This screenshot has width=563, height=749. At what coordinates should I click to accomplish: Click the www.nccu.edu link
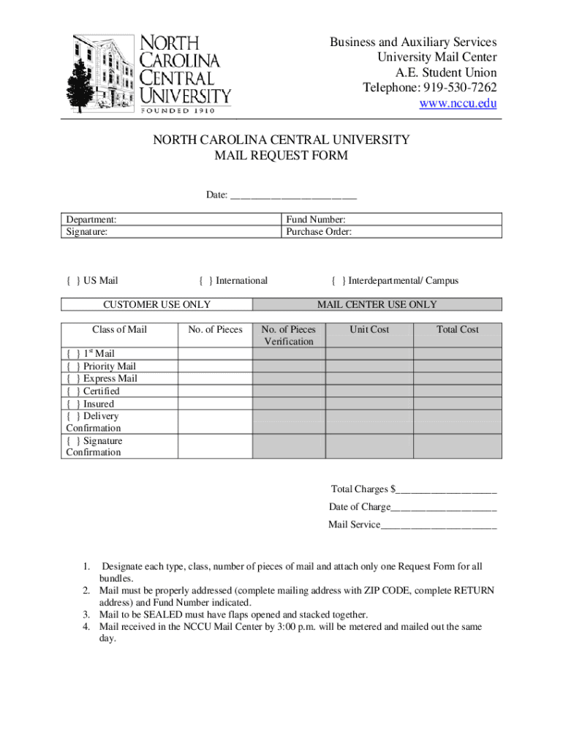pos(458,104)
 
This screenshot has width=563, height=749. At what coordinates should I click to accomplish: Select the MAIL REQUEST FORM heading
pos(281,156)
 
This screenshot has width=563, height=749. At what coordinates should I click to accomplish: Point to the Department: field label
pos(91,219)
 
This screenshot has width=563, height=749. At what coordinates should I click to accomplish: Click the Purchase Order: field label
pos(319,232)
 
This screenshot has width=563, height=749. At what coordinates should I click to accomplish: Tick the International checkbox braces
pos(205,281)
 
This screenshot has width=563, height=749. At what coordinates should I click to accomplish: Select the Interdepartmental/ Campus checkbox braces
pos(339,281)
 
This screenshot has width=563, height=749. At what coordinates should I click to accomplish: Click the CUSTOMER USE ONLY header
pos(156,305)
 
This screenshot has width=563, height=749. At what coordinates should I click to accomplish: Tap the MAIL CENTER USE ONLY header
pos(377,305)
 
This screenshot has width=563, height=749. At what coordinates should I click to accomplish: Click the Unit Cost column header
pos(369,330)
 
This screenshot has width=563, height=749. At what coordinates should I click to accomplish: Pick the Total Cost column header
pos(458,330)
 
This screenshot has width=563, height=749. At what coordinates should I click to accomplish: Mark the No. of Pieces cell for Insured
pos(215,404)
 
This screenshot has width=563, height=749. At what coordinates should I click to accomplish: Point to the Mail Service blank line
pos(439,524)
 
